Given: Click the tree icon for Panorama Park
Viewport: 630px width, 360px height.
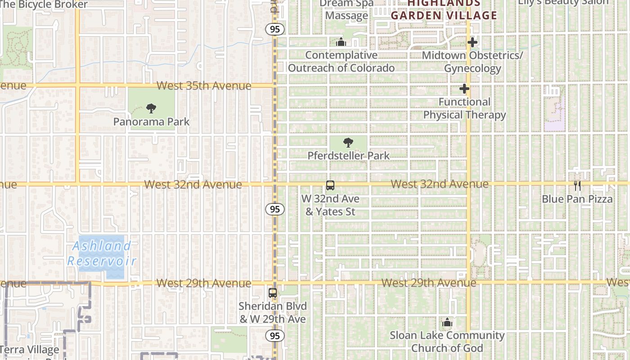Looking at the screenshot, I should (151, 108).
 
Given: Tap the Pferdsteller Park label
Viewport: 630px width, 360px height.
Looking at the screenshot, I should (348, 156).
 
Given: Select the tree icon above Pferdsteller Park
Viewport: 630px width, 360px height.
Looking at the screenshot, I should (348, 143).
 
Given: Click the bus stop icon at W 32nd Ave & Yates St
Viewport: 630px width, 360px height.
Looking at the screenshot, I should (330, 185).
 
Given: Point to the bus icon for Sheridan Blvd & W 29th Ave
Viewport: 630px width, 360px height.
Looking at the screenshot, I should (273, 293).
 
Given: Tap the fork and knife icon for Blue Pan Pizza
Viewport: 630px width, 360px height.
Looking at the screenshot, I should (577, 185).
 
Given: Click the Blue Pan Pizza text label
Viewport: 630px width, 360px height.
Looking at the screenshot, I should (577, 199).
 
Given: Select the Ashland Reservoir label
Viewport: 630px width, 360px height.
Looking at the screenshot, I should (102, 253).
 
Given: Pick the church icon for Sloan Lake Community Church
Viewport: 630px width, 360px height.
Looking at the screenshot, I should (447, 322).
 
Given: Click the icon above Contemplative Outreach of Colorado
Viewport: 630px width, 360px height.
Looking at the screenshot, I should (341, 42).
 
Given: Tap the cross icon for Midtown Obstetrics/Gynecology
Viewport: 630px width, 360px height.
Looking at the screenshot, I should (472, 42).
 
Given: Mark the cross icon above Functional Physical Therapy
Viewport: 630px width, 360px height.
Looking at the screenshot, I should (464, 89).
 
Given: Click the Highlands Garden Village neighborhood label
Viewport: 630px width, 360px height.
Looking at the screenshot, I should (444, 10).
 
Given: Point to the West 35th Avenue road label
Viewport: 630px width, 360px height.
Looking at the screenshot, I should (204, 86).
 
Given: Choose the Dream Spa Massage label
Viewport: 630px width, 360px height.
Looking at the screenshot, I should (346, 9).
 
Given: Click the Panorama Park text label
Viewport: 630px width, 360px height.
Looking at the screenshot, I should (151, 122).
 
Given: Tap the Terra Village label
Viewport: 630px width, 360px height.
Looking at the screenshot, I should (30, 350).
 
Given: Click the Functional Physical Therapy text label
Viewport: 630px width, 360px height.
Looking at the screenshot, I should (464, 108).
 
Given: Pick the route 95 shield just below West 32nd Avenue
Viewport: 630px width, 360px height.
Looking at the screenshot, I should (274, 209).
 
